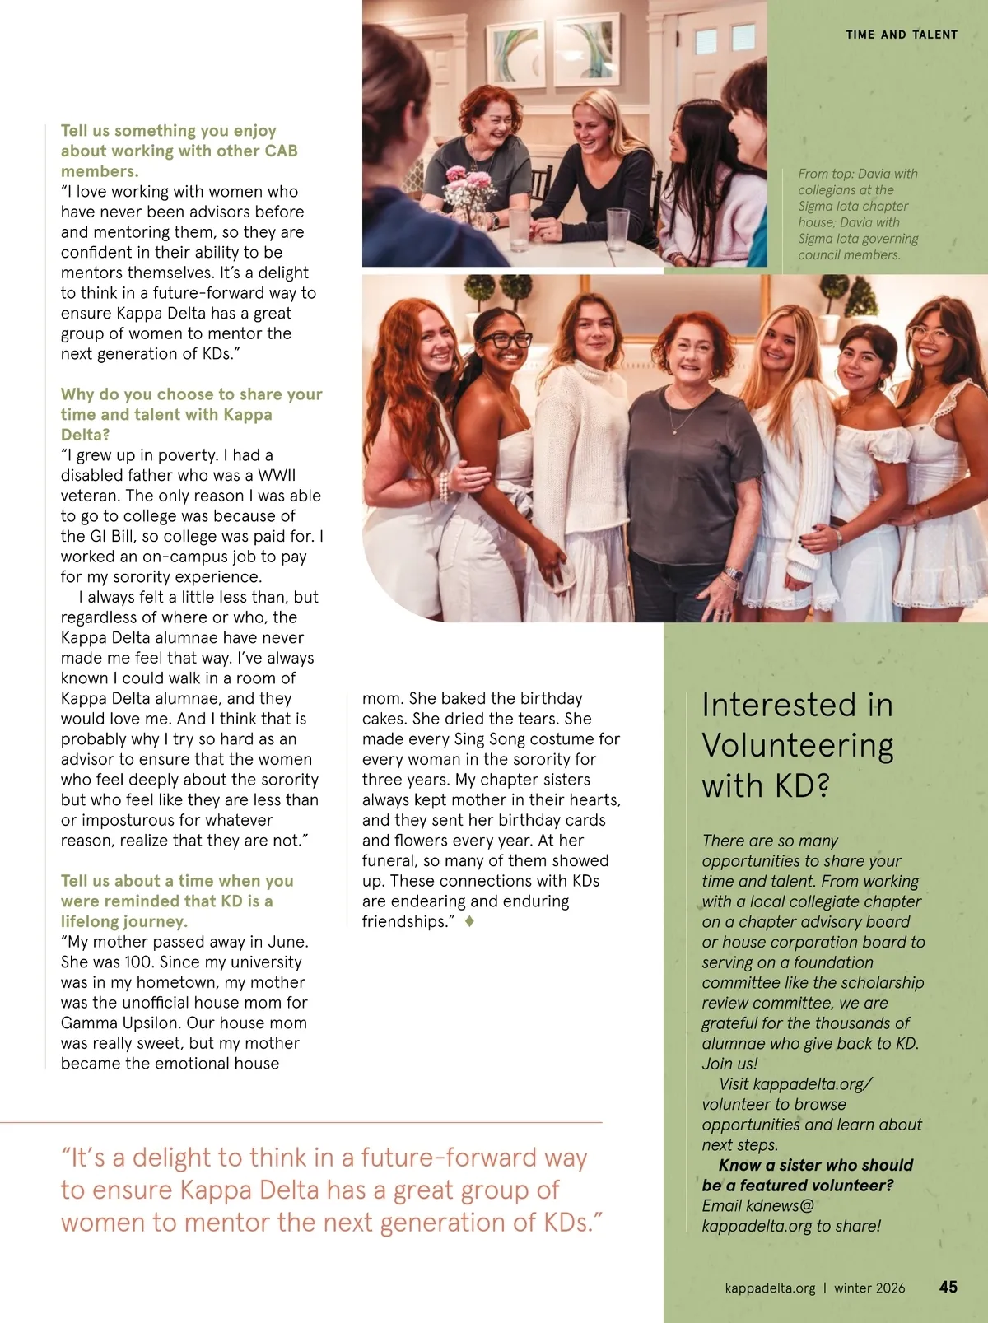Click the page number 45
[x=948, y=1286]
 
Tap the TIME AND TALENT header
[x=902, y=35]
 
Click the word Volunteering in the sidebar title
[x=797, y=745]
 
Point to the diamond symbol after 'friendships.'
[x=469, y=922]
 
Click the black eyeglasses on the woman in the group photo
[x=505, y=339]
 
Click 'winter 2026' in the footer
[x=869, y=1288]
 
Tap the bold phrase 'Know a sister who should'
[x=815, y=1165]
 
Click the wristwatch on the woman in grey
[x=732, y=574]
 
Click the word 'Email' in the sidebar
[x=721, y=1205]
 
